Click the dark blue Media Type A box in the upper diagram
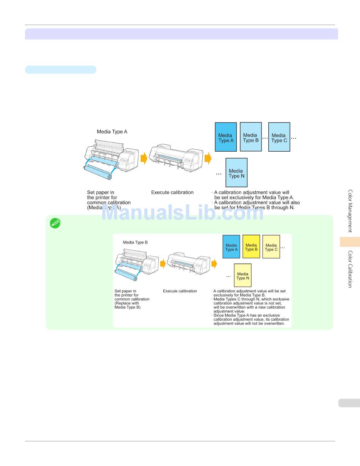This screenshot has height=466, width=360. click(x=225, y=137)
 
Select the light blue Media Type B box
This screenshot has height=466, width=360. click(x=250, y=137)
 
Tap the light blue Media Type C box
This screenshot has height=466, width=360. click(x=279, y=137)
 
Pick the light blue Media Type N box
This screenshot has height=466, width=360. click(x=236, y=173)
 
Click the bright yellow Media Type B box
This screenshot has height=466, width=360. click(x=251, y=247)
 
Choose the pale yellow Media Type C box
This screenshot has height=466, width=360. click(x=271, y=247)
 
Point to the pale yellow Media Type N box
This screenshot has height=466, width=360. click(x=243, y=275)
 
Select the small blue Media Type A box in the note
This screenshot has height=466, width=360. click(x=231, y=247)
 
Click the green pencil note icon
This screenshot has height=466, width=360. click(x=55, y=223)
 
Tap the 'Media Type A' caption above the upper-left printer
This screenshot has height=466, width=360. click(x=112, y=132)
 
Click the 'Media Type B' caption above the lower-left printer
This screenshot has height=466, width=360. click(x=135, y=242)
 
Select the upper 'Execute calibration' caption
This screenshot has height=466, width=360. click(x=172, y=192)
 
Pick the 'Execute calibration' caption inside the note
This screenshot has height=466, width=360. click(x=180, y=291)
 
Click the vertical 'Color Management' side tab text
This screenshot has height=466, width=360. click(x=350, y=211)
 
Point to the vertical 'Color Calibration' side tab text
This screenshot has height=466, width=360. click(x=350, y=269)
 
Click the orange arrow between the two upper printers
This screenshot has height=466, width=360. click(x=144, y=158)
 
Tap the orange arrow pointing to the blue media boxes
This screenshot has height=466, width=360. click(x=208, y=158)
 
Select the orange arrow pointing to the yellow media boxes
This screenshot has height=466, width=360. click(x=214, y=264)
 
